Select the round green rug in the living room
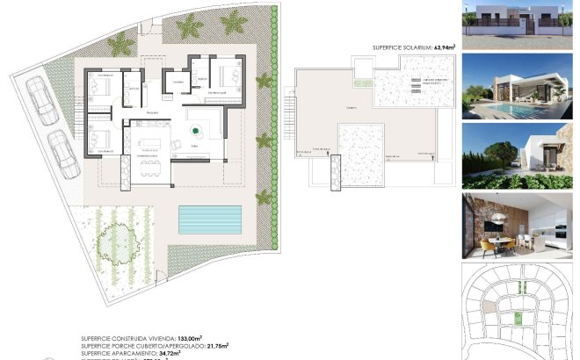click(194, 133)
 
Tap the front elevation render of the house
click(518, 25)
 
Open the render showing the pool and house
click(518, 86)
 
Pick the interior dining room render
click(518, 226)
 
